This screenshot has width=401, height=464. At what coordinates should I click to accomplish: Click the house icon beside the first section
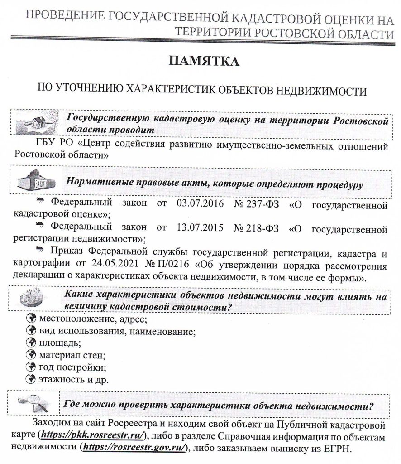[x=34, y=123]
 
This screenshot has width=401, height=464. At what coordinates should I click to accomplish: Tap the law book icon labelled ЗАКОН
[x=37, y=181]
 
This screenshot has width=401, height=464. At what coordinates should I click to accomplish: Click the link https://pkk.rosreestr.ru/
[x=93, y=435]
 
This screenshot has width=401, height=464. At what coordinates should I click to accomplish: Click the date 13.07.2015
[x=199, y=225]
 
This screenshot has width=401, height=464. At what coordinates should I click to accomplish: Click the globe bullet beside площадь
[x=31, y=342]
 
